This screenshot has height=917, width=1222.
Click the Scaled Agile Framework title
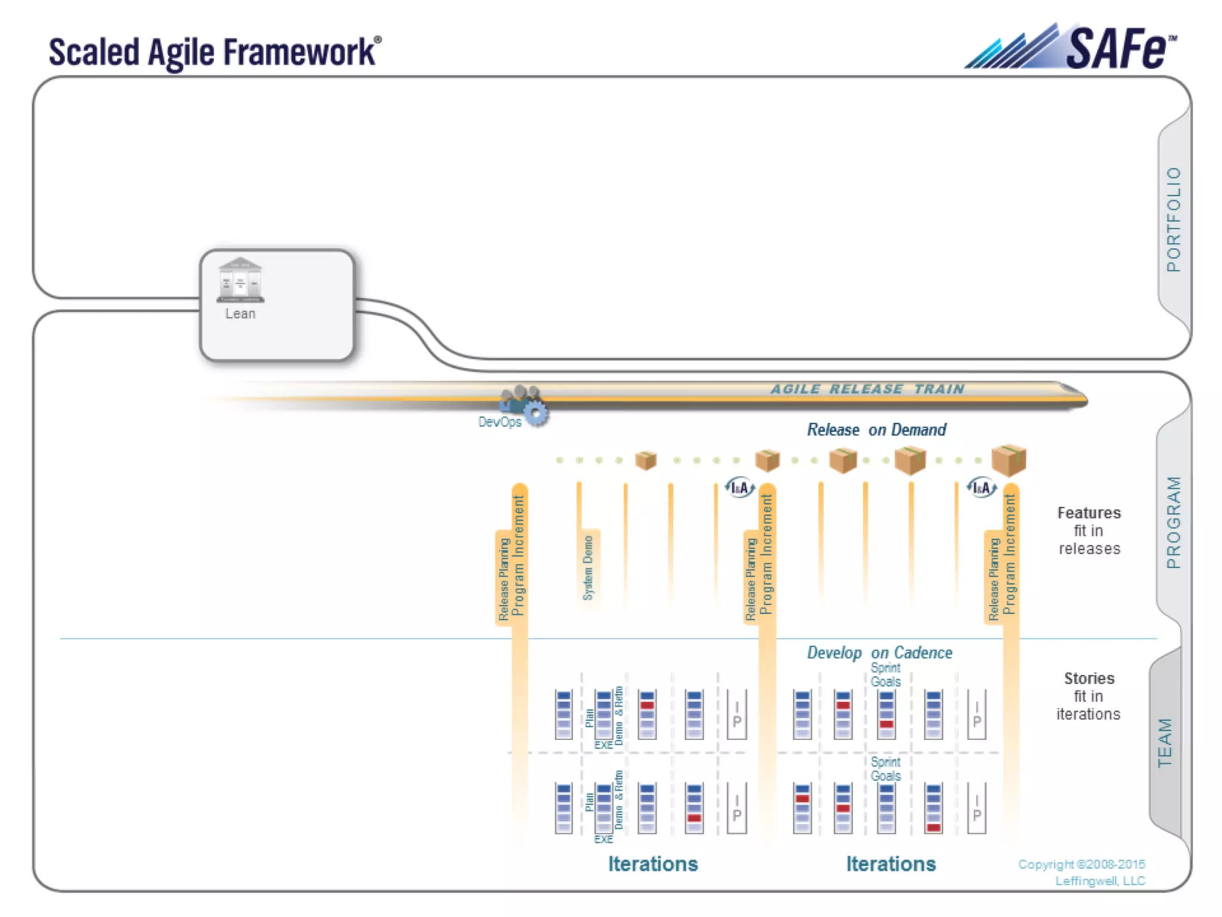click(x=214, y=53)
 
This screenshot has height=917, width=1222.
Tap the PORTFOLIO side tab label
click(x=1173, y=219)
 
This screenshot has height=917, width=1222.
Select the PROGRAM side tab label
click(x=1173, y=522)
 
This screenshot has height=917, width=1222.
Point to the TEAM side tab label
click(x=1165, y=742)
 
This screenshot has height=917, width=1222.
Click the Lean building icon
click(x=240, y=280)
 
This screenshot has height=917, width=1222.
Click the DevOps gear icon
click(x=536, y=413)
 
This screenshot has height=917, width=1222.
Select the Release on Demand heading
click(x=876, y=430)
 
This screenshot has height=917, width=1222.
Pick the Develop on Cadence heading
click(x=879, y=653)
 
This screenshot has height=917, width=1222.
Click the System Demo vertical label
click(x=588, y=567)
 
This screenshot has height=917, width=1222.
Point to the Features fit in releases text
click(x=1089, y=531)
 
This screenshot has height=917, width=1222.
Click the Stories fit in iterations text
click(x=1088, y=696)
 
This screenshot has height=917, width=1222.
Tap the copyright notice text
click(x=1081, y=872)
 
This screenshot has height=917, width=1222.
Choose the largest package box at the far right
click(x=1008, y=460)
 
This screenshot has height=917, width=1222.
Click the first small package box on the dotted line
click(x=646, y=460)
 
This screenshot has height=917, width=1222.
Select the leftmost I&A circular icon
click(x=740, y=488)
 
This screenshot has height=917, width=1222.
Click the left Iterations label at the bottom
click(x=653, y=864)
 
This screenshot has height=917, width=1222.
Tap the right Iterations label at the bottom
click(x=891, y=864)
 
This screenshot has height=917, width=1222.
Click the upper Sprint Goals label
click(x=885, y=675)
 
